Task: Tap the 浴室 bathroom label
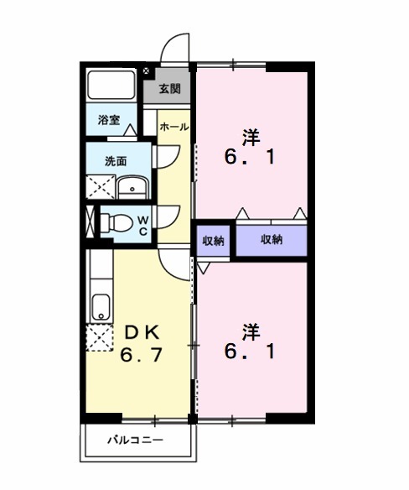pyautogui.click(x=107, y=119)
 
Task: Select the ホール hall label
pyautogui.click(x=173, y=127)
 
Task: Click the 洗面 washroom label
pyautogui.click(x=116, y=160)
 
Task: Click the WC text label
pyautogui.click(x=142, y=223)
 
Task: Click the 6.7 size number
pyautogui.click(x=140, y=355)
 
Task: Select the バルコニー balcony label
pyautogui.click(x=135, y=440)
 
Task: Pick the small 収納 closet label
pyautogui.click(x=214, y=241)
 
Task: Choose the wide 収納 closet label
pyautogui.click(x=271, y=240)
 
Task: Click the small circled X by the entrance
pyautogui.click(x=147, y=71)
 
